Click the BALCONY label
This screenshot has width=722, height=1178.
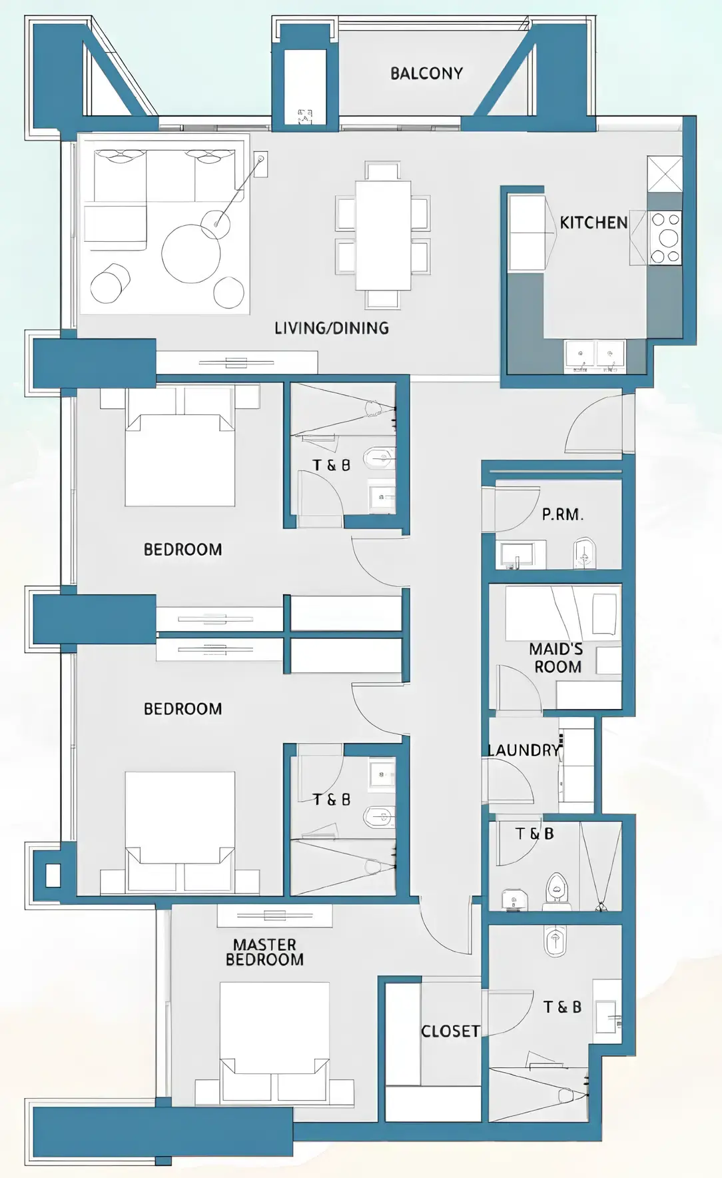point(426,73)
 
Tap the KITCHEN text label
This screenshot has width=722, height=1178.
point(593,223)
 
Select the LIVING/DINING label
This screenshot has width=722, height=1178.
point(332,328)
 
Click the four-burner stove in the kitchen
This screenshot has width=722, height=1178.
point(665,238)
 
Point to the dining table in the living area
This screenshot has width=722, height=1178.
point(383,235)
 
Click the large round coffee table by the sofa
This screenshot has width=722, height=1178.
point(191,254)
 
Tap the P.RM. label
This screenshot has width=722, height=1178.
point(562,514)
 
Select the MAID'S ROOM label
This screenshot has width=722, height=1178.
point(556,658)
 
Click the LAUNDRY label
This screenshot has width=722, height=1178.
point(524,750)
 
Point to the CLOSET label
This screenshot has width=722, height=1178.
point(450,1031)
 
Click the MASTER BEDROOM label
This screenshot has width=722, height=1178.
point(264,952)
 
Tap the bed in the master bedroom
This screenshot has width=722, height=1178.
point(274,1029)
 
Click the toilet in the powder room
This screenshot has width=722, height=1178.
point(584,553)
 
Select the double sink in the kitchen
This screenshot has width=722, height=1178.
point(595,355)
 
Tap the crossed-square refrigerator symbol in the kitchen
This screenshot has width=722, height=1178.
point(665,174)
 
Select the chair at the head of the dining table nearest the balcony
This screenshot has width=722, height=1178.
point(383,171)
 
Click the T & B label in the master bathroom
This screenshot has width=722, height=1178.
point(562,1007)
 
